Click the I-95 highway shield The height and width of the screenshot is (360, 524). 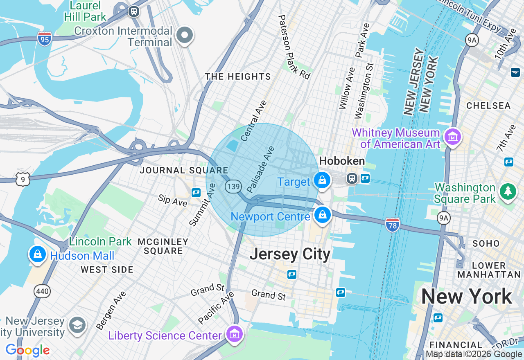44,39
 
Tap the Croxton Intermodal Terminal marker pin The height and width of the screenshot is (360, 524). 185,35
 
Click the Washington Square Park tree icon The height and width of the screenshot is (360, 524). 508,191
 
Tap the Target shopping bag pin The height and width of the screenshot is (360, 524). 322,180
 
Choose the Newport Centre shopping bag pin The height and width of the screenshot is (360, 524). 323,214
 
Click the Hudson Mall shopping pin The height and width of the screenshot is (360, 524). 38,254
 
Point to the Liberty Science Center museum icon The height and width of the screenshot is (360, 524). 235,334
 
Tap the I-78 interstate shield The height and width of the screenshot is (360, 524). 392,225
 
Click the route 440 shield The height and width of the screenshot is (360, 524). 43,292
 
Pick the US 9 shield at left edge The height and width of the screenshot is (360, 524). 23,179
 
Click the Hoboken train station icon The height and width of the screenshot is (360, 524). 352,178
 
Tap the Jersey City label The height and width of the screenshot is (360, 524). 290,254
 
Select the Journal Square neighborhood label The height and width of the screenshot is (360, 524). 184,170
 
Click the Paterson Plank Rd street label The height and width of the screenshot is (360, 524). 294,47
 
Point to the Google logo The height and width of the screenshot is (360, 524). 28,350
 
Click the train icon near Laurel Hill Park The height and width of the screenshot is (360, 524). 133,11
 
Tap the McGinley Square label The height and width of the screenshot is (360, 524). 163,246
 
